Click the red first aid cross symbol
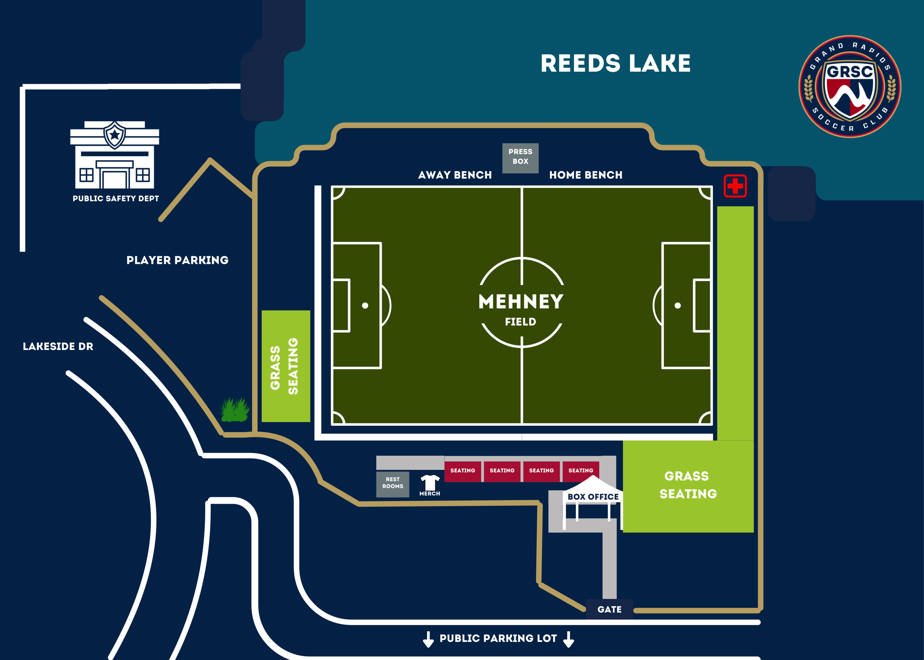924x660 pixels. [735, 186]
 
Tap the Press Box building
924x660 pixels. [520, 158]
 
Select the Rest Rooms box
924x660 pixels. [392, 484]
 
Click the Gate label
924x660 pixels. [609, 609]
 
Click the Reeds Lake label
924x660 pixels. [615, 64]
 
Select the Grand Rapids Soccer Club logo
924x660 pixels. [850, 86]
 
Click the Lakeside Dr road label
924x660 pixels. [58, 346]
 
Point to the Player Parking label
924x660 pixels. [177, 260]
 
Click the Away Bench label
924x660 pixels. [455, 175]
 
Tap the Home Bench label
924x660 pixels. [585, 175]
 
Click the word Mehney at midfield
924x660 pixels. [521, 302]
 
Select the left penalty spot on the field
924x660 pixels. [365, 306]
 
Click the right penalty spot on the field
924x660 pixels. [677, 306]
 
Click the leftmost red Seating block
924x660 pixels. [463, 471]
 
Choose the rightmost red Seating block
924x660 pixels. [581, 471]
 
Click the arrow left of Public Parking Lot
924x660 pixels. [428, 639]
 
